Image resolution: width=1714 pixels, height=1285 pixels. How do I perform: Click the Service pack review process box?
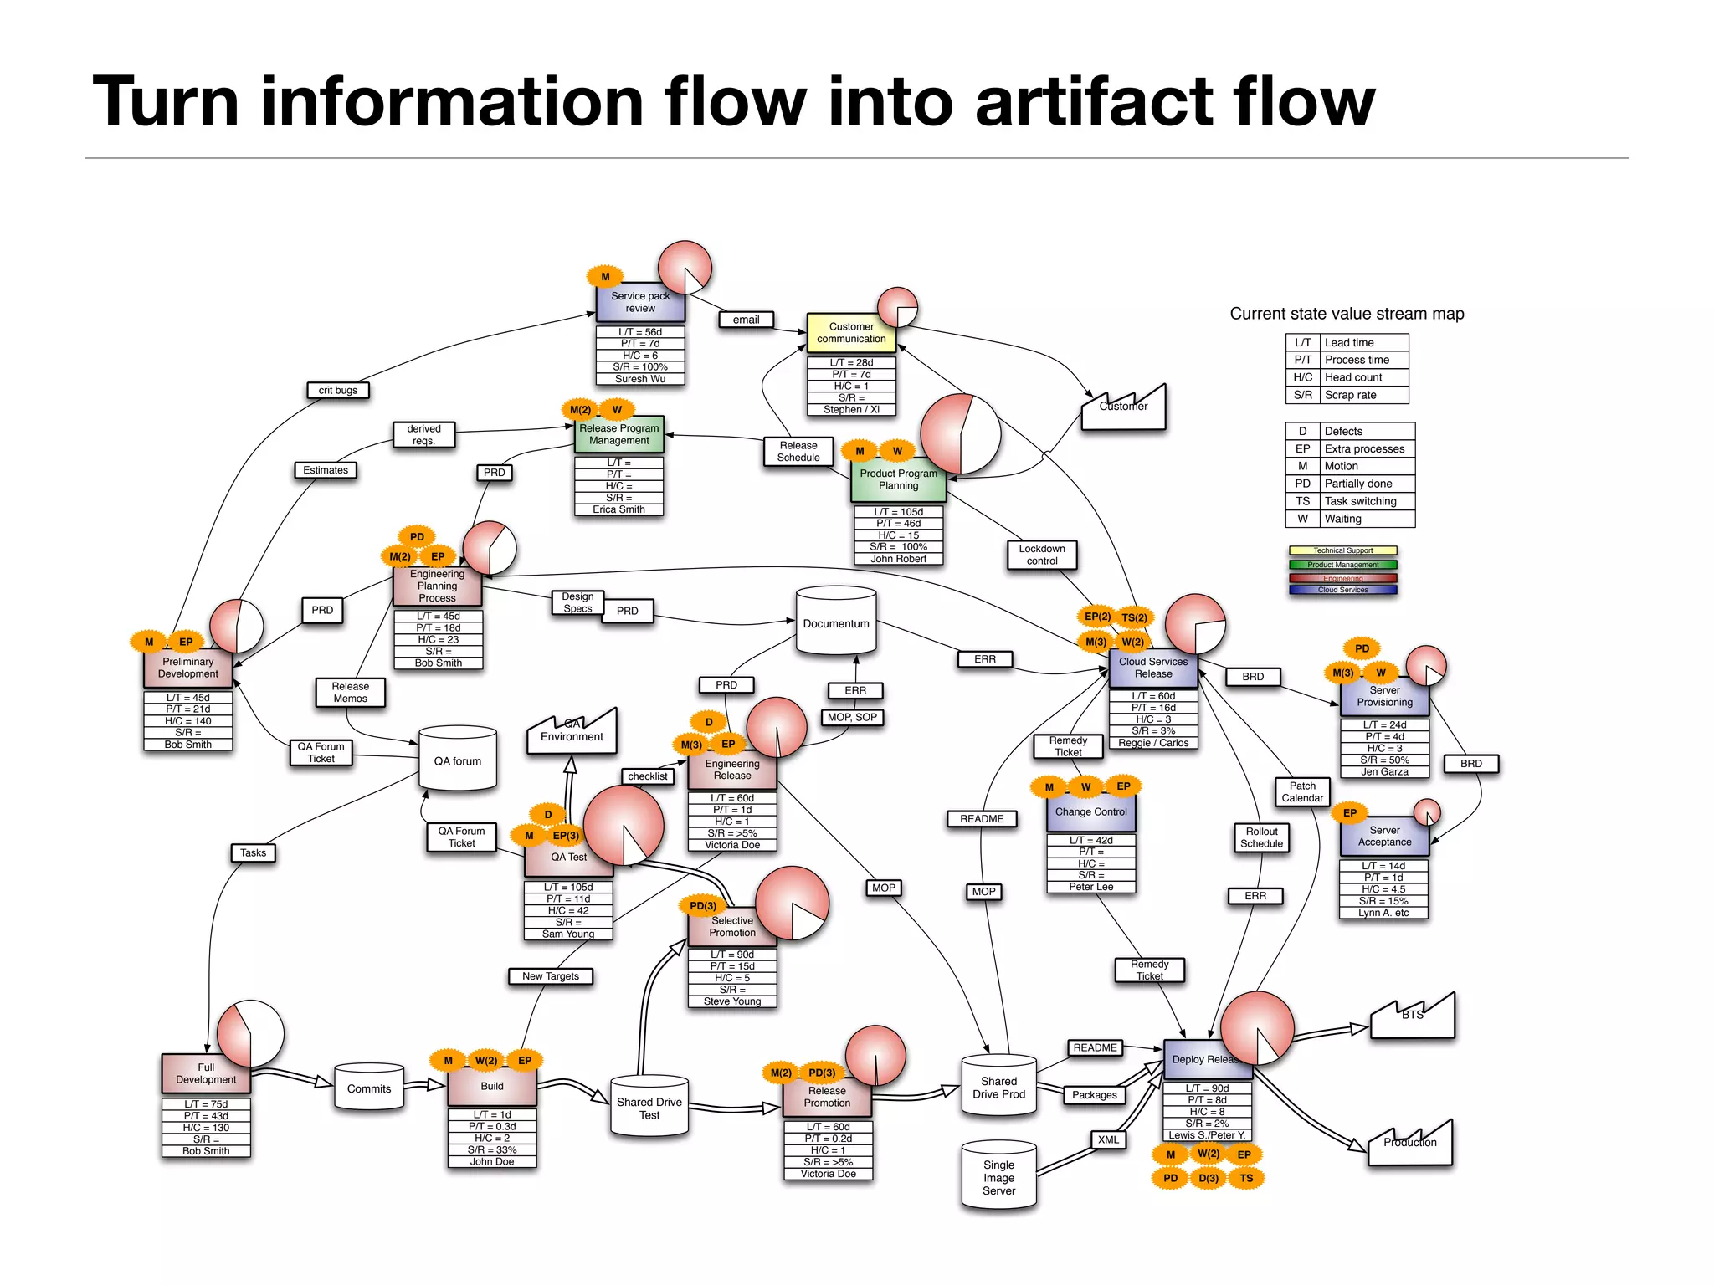coord(639,303)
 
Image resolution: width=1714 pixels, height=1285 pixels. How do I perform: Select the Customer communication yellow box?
coord(850,333)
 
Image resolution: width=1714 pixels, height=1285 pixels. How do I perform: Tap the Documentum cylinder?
coord(835,623)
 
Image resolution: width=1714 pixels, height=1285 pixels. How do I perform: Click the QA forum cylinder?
coord(457,760)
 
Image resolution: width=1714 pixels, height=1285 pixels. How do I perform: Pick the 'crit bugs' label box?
coord(337,391)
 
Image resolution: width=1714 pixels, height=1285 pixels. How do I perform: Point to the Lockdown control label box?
coord(1041,555)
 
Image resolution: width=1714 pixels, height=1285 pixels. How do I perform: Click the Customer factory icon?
coord(1123,410)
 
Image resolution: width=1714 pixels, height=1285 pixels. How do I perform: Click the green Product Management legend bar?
coord(1342,565)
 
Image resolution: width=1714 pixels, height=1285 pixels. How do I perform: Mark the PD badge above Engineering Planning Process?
coord(417,537)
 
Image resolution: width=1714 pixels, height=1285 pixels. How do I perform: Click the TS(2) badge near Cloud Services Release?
coord(1135,618)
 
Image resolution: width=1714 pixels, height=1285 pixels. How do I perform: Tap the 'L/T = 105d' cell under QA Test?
coord(567,888)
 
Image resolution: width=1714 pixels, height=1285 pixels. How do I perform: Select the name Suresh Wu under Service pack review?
coord(640,379)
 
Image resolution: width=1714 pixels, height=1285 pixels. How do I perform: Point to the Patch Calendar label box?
coord(1302,791)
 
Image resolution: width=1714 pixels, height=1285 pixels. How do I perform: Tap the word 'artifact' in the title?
coord(1094,102)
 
